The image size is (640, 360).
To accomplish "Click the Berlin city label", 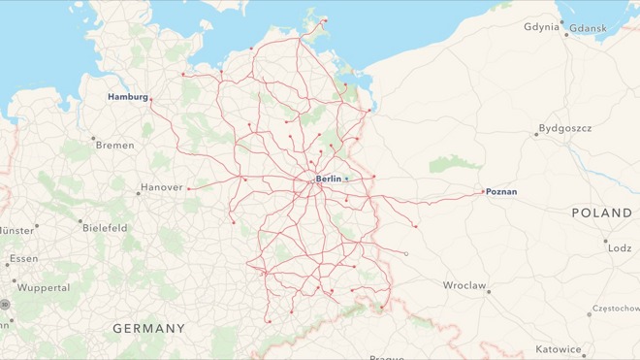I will tap(329, 180).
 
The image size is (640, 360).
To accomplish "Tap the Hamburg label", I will tap(127, 97).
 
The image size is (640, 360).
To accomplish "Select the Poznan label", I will tap(501, 192).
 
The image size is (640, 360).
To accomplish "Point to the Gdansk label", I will tap(588, 28).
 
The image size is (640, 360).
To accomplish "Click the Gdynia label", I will tap(541, 26).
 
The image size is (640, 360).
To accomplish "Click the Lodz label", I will tap(620, 248).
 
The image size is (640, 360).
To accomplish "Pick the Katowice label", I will tap(559, 349).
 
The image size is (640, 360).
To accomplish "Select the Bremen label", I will tap(114, 145).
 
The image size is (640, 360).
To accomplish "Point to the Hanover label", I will tap(161, 187).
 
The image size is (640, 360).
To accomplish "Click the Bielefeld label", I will tap(104, 228).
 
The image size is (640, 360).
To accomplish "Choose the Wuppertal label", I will tap(44, 288).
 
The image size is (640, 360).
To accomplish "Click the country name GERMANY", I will tap(148, 329).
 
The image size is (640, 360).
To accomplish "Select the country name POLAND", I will tap(601, 213).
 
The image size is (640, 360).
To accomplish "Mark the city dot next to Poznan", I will tap(483, 191).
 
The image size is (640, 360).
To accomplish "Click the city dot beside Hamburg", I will tap(151, 98).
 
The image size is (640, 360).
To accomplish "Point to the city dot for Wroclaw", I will tap(489, 291).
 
